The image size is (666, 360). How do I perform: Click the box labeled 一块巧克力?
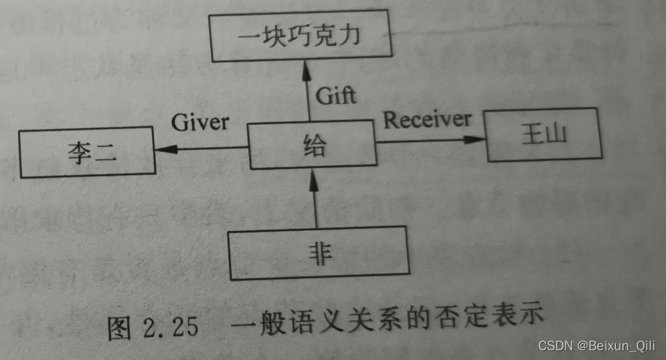tap(302, 36)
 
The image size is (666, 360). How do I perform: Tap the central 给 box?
tap(312, 146)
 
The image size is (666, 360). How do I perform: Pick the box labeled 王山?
tap(542, 135)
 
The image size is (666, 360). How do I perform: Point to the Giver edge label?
tap(200, 123)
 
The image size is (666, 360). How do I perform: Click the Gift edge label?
tap(336, 95)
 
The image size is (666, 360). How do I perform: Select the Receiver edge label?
tap(427, 119)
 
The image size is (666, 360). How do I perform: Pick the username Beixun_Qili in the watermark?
tap(617, 345)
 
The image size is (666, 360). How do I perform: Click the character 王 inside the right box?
tap(531, 135)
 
